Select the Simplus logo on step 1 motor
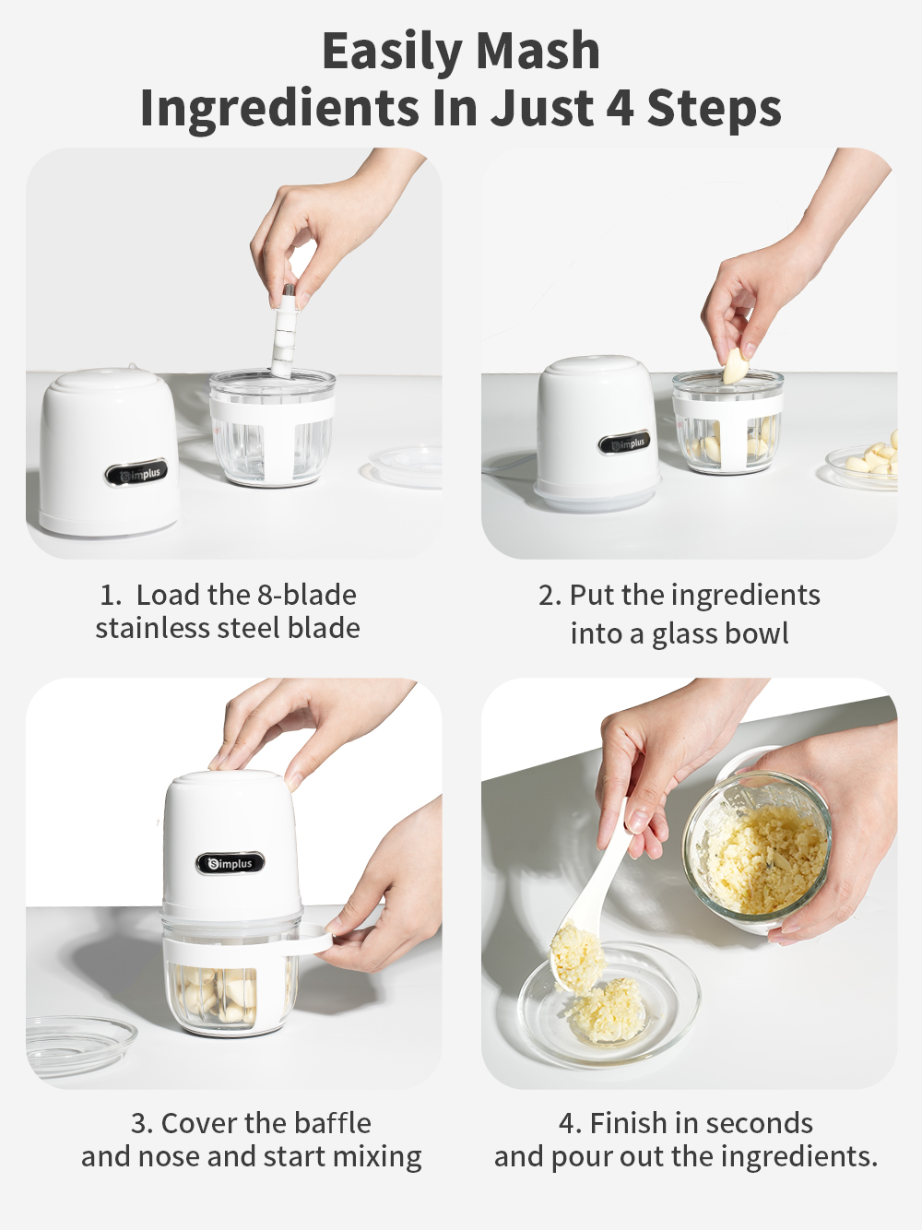click(136, 474)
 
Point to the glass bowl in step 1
click(272, 429)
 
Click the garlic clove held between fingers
click(735, 366)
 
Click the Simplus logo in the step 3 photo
click(230, 864)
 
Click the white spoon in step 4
click(590, 913)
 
